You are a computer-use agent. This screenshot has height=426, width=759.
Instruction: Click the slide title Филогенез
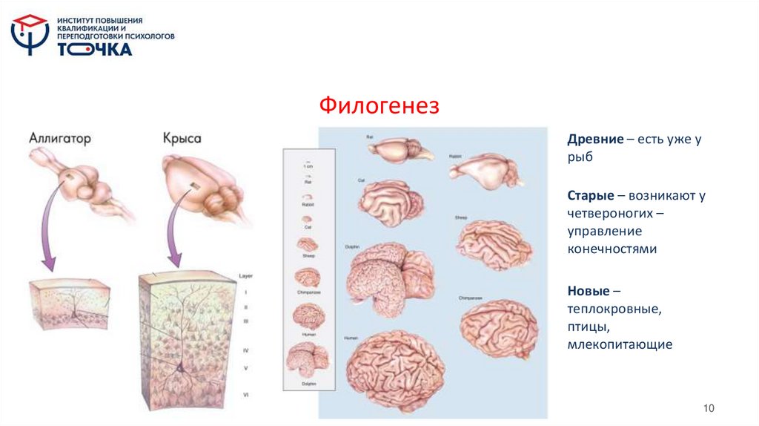(379, 105)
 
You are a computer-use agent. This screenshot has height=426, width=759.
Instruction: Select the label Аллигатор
(60, 139)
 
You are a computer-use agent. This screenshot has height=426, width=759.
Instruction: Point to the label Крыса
(182, 139)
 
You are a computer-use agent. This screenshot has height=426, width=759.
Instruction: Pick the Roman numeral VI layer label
(246, 395)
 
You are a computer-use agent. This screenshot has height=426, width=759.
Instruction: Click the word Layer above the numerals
(246, 275)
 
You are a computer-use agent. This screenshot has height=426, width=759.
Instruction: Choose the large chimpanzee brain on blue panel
(498, 327)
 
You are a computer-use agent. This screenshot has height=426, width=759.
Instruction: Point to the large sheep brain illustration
(494, 243)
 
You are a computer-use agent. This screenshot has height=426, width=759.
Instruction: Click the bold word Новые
(589, 289)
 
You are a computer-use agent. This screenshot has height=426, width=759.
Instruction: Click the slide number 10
(708, 408)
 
